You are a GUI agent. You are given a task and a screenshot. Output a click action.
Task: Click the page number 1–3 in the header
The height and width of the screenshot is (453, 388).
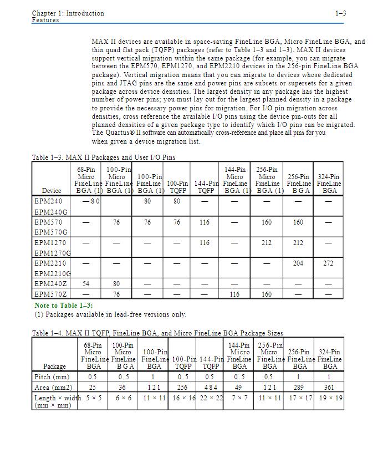pyautogui.click(x=341, y=13)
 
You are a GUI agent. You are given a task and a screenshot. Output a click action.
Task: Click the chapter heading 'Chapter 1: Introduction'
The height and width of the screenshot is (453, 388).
pyautogui.click(x=68, y=13)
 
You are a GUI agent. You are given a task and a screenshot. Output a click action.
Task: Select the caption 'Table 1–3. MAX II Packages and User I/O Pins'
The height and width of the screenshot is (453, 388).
pyautogui.click(x=104, y=157)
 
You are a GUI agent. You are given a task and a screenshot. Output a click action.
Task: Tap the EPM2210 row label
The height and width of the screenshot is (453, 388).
pyautogui.click(x=50, y=263)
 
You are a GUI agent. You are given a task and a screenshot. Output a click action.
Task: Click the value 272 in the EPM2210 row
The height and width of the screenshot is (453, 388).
pyautogui.click(x=329, y=263)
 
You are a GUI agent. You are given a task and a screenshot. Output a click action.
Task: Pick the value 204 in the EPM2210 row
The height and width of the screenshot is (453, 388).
pyautogui.click(x=298, y=263)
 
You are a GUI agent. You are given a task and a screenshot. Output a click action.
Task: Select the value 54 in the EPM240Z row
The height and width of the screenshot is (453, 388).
pyautogui.click(x=86, y=284)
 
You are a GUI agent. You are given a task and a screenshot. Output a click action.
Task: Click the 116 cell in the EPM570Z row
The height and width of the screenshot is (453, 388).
pyautogui.click(x=235, y=294)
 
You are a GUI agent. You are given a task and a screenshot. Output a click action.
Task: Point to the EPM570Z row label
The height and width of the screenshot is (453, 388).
pyautogui.click(x=50, y=294)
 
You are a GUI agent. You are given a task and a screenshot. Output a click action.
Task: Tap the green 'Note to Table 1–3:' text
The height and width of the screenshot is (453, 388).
pyautogui.click(x=64, y=306)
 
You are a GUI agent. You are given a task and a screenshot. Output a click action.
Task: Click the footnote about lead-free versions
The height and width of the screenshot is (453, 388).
pyautogui.click(x=110, y=314)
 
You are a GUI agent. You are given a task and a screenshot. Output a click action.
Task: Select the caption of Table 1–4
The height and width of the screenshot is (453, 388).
pyautogui.click(x=157, y=333)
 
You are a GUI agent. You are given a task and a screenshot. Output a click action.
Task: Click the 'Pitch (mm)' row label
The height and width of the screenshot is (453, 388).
pyautogui.click(x=52, y=377)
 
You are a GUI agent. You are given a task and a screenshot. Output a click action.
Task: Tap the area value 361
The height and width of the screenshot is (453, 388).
pyautogui.click(x=329, y=388)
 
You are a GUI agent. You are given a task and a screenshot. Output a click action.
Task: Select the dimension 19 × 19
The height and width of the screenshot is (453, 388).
pyautogui.click(x=329, y=398)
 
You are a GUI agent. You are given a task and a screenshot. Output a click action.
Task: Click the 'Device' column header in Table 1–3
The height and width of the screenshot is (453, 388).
pyautogui.click(x=52, y=191)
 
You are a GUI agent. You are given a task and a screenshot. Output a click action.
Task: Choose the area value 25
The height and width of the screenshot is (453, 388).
pyautogui.click(x=94, y=388)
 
